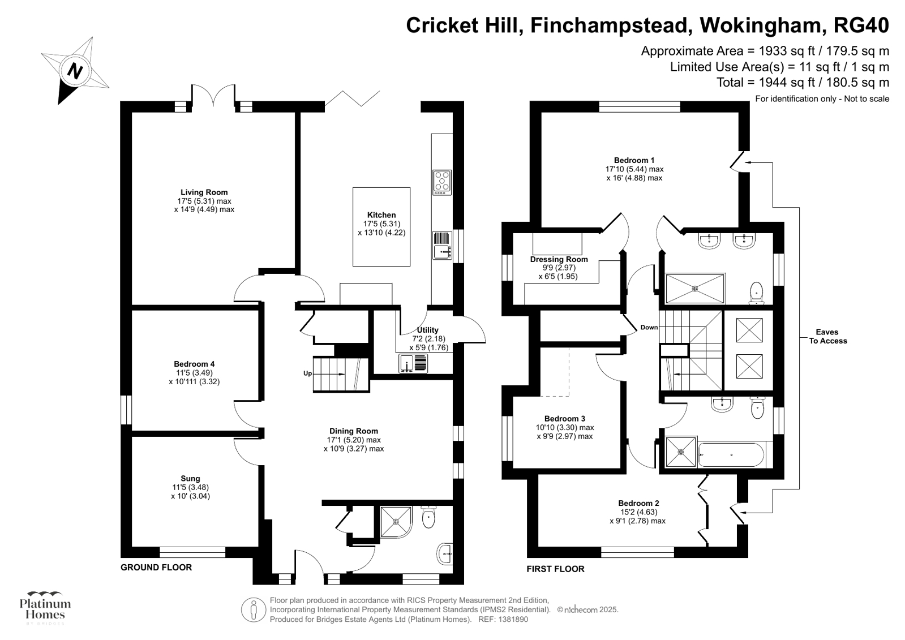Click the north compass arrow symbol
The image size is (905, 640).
(75, 71)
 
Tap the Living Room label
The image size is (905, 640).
(204, 192)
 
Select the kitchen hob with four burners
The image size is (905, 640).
(442, 182)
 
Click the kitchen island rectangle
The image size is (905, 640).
(381, 226)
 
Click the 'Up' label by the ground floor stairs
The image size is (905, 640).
(307, 373)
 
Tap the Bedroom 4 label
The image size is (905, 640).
(194, 364)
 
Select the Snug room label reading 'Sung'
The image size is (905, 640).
(190, 479)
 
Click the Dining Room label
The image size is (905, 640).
(354, 431)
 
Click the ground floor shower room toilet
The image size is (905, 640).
(428, 517)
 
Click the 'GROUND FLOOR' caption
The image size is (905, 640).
(156, 567)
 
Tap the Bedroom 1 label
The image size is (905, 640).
(634, 160)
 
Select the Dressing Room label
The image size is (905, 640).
(559, 260)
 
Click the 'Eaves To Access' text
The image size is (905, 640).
(827, 336)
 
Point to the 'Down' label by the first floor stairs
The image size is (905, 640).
(649, 328)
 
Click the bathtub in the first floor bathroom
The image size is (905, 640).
(731, 454)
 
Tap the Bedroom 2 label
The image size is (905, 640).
(638, 503)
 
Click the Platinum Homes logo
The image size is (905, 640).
(45, 608)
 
